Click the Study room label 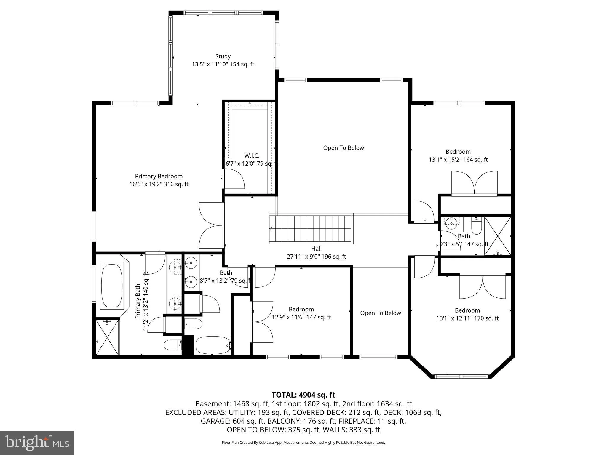tap(223, 56)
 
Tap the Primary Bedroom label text tap(159, 176)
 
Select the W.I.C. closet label tap(252, 156)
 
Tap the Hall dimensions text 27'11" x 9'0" tap(305, 257)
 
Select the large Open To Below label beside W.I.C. tap(344, 148)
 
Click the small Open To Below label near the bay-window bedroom tap(381, 313)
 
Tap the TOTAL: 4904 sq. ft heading tap(303, 395)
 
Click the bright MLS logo tap(37, 443)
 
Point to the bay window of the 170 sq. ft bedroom tap(461, 377)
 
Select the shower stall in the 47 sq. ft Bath tap(498, 236)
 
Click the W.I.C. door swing tap(234, 179)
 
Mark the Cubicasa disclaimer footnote tap(303, 443)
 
